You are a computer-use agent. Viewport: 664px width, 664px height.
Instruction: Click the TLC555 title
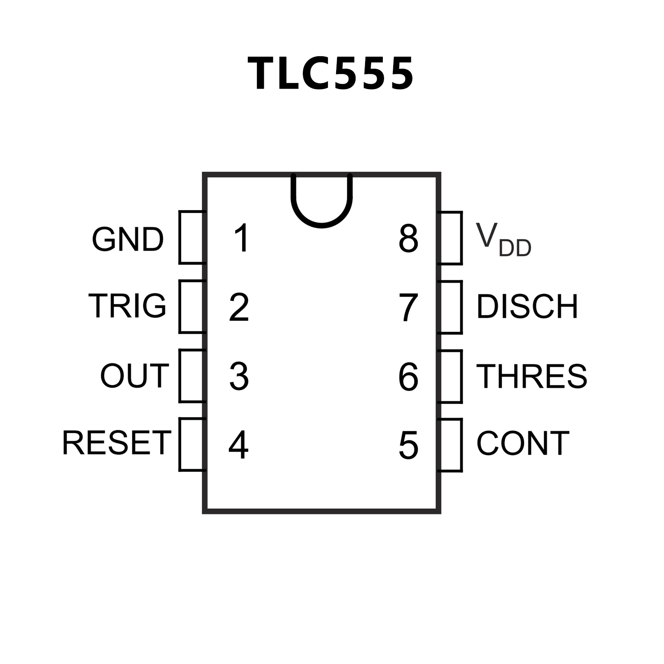click(331, 74)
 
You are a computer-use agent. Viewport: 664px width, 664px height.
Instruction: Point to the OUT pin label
click(134, 375)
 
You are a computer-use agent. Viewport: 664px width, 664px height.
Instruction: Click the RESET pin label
click(117, 443)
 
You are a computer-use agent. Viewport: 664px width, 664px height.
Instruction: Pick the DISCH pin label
click(527, 307)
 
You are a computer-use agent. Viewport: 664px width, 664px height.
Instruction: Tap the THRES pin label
click(532, 375)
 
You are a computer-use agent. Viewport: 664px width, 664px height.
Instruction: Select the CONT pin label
click(523, 443)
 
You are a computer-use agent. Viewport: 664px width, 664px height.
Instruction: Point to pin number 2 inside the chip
click(239, 307)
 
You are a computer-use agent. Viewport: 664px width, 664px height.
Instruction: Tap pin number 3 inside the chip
click(239, 376)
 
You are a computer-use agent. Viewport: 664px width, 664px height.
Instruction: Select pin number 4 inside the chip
click(238, 445)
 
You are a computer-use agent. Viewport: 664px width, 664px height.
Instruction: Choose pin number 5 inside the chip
click(408, 445)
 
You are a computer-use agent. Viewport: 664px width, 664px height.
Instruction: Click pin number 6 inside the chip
click(408, 376)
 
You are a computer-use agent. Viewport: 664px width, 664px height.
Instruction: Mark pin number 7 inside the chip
click(408, 307)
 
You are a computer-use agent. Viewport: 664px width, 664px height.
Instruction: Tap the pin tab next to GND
click(191, 237)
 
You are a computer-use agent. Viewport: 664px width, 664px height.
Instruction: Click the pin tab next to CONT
click(450, 445)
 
